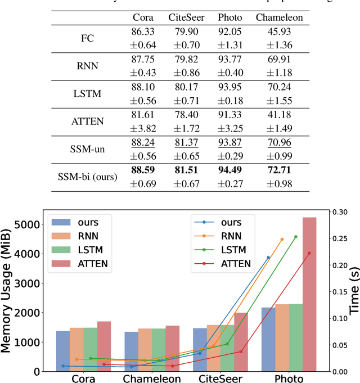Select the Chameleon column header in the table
[279, 17]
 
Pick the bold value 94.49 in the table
[229, 170]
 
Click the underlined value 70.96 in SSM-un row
[279, 143]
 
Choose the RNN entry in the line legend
[227, 235]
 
